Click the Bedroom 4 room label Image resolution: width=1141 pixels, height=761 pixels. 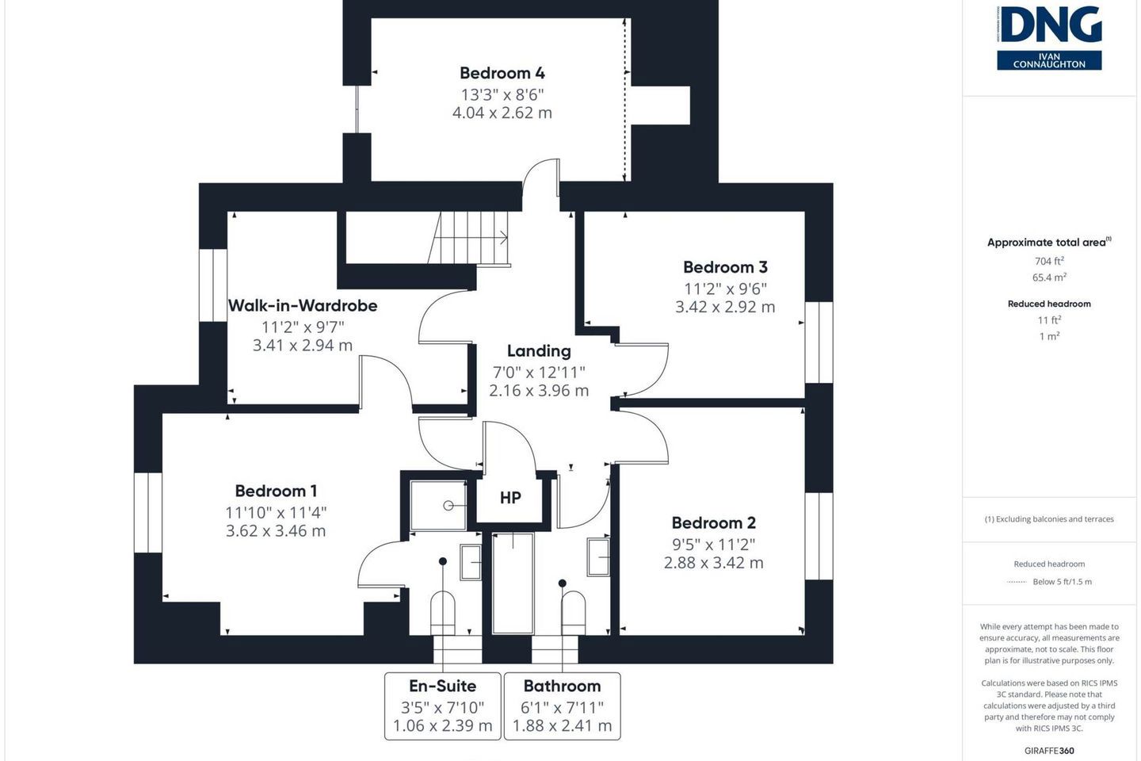(x=502, y=73)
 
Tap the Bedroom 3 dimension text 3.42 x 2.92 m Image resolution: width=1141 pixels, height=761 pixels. (x=725, y=307)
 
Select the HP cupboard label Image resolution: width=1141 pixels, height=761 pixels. (x=510, y=498)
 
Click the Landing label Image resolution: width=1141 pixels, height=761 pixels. (x=539, y=350)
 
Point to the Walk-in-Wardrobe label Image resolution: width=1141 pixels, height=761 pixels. (x=303, y=305)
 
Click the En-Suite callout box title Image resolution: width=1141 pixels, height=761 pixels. (x=443, y=686)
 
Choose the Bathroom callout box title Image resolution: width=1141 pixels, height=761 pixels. (x=563, y=686)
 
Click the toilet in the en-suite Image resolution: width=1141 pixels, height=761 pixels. (x=443, y=614)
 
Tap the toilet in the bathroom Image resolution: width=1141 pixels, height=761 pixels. (x=573, y=614)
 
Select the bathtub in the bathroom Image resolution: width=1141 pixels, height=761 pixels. (x=513, y=583)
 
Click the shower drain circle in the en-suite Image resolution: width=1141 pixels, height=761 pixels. (x=448, y=506)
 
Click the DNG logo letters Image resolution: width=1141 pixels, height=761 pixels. (x=1049, y=25)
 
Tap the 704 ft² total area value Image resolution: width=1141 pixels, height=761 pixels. (x=1049, y=261)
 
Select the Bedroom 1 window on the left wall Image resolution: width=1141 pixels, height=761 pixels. (x=148, y=513)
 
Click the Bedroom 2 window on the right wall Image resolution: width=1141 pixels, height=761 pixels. (x=819, y=536)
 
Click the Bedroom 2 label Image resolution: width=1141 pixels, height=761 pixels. (x=714, y=523)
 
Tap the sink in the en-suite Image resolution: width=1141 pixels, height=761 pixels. (x=471, y=562)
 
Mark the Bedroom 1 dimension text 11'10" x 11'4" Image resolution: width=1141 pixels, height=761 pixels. (x=276, y=513)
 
